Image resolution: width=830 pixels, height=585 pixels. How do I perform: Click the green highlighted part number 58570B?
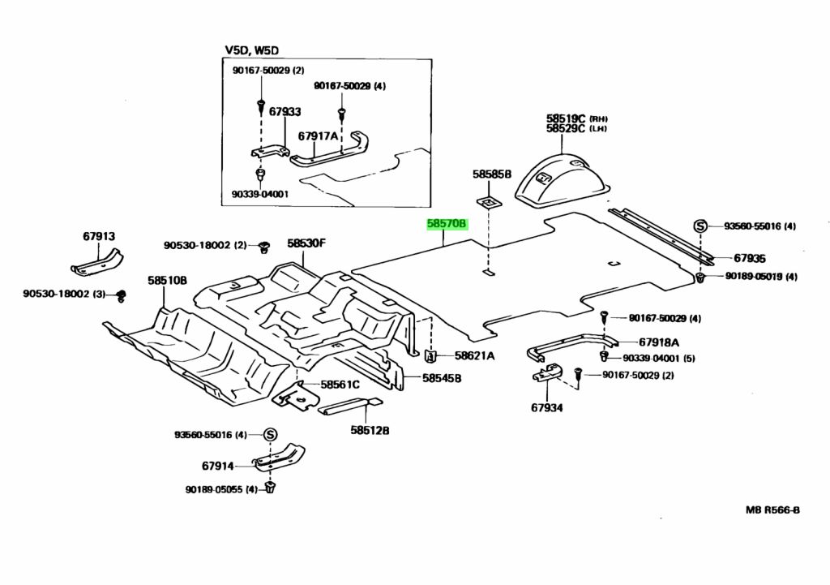click(x=447, y=224)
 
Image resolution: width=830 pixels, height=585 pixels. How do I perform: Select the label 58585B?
click(x=492, y=174)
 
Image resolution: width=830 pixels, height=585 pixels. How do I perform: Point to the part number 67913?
click(x=98, y=236)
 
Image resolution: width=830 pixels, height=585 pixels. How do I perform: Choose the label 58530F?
click(x=306, y=243)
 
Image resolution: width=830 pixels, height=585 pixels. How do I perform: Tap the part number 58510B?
click(x=167, y=281)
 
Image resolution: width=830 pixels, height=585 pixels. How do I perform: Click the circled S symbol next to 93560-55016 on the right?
click(x=700, y=226)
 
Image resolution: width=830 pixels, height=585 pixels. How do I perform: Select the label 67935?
click(x=750, y=259)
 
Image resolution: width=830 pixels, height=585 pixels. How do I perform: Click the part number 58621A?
click(x=475, y=355)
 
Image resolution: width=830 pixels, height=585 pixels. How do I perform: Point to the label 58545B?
click(x=442, y=378)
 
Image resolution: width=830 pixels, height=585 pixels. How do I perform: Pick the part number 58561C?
click(x=340, y=385)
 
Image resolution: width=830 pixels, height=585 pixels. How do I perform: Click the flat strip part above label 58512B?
click(x=349, y=407)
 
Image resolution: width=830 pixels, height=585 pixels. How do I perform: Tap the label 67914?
click(x=217, y=466)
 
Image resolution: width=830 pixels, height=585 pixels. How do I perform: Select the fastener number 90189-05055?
click(x=216, y=489)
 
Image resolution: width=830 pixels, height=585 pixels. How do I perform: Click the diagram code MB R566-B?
click(x=772, y=510)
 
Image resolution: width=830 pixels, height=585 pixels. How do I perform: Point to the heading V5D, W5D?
click(x=252, y=51)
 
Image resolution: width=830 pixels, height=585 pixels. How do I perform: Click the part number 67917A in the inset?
click(x=318, y=136)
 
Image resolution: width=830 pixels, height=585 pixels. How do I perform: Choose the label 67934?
click(x=547, y=407)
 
